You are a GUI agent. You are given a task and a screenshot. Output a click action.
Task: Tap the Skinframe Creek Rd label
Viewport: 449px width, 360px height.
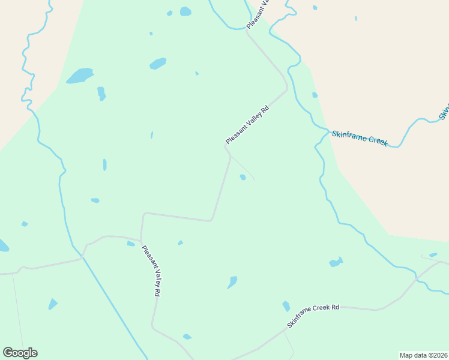pyautogui.click(x=313, y=316)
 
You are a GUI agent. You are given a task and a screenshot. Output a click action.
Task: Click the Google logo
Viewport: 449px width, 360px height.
pyautogui.click(x=20, y=353)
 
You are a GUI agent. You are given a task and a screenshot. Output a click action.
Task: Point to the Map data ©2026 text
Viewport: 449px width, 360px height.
pyautogui.click(x=423, y=355)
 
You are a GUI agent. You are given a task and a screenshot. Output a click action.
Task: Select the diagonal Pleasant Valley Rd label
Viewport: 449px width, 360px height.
pyautogui.click(x=247, y=123)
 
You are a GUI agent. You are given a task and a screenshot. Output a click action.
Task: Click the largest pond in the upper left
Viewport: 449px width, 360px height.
pyautogui.click(x=80, y=76)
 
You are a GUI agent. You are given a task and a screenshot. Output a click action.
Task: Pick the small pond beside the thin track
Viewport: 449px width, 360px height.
pyautogui.click(x=243, y=177)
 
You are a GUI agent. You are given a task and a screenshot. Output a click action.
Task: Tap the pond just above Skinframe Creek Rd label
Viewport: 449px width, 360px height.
pyautogui.click(x=286, y=306)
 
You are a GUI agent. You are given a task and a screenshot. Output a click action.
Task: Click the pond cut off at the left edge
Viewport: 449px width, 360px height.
pyautogui.click(x=3, y=245)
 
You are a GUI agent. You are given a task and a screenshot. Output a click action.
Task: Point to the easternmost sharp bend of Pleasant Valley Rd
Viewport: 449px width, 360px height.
pyautogui.click(x=286, y=89)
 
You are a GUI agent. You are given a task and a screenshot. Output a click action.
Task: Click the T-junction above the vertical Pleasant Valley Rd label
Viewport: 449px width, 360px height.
pyautogui.click(x=140, y=241)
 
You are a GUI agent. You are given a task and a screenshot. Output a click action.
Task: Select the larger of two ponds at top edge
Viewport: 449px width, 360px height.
pyautogui.click(x=185, y=11)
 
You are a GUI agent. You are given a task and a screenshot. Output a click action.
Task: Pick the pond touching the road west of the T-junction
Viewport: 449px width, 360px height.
pyautogui.click(x=131, y=244)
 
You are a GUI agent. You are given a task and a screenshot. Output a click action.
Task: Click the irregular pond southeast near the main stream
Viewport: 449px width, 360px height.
pyautogui.click(x=336, y=262)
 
